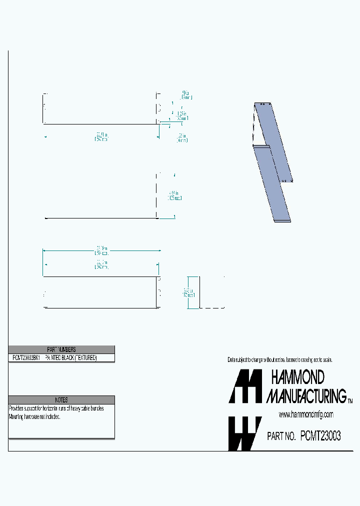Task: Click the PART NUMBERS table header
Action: pyautogui.click(x=61, y=349)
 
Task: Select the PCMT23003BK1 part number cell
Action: pyautogui.click(x=25, y=358)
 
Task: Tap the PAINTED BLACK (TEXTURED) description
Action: pyautogui.click(x=70, y=358)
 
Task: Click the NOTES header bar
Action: pyautogui.click(x=61, y=400)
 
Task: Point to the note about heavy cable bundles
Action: pyautogui.click(x=56, y=408)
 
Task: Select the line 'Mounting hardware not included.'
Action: pyautogui.click(x=34, y=416)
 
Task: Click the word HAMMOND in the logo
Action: pyautogui.click(x=297, y=377)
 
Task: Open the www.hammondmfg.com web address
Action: pyautogui.click(x=305, y=414)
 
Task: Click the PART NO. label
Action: pyautogui.click(x=281, y=436)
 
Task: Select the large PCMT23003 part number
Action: pyautogui.click(x=320, y=436)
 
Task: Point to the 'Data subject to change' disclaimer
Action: pyautogui.click(x=280, y=360)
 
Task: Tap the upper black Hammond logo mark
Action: pyautogui.click(x=245, y=386)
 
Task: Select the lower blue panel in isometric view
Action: pyautogui.click(x=272, y=185)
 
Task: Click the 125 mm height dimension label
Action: pyautogui.click(x=174, y=195)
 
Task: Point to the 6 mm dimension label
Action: pyautogui.click(x=181, y=138)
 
